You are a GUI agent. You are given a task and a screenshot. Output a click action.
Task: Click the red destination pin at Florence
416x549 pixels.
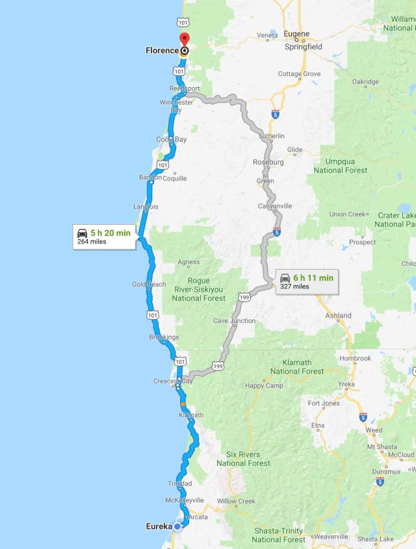tap(184, 39)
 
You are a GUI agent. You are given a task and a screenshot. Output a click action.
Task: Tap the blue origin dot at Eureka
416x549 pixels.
tap(177, 526)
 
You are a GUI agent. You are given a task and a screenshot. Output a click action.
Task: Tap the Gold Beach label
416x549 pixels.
tap(149, 285)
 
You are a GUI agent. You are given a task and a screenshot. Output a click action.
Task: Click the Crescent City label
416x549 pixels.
tap(173, 381)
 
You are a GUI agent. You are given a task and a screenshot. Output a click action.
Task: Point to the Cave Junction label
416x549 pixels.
tap(234, 321)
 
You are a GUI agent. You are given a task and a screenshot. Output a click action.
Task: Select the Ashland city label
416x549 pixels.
tap(339, 316)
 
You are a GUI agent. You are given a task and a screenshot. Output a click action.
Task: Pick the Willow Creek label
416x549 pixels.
tap(237, 501)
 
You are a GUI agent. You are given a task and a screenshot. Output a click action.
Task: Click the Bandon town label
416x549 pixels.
tap(150, 177)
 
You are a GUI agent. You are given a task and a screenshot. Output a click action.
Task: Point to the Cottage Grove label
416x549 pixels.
tap(299, 74)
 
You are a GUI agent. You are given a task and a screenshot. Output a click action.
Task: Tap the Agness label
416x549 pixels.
tap(188, 262)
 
